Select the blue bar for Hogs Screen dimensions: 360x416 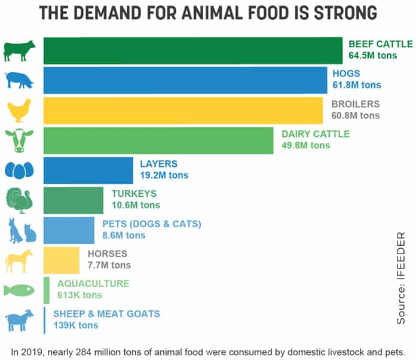pos(185,80)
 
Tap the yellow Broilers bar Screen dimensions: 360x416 pos(183,111)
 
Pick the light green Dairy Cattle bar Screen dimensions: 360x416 pos(158,141)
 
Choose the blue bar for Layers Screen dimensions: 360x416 pos(88,170)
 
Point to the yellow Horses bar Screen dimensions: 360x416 pos(62,261)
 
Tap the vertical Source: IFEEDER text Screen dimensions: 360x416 pos(401,277)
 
